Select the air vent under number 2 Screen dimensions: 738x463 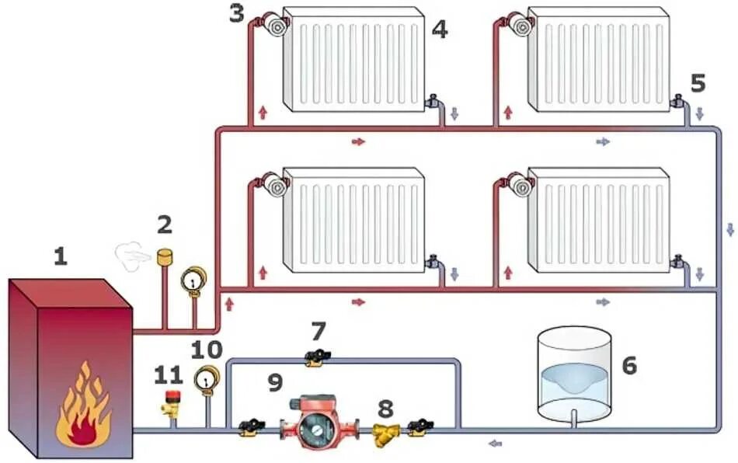pos(164,256)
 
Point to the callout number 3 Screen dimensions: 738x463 pos(237,13)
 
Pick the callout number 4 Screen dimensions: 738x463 pos(440,30)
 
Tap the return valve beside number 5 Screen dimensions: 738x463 pos(678,101)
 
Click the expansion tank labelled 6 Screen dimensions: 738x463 pos(575,373)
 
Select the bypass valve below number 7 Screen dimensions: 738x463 pos(318,357)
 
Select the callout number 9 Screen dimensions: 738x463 pos(275,381)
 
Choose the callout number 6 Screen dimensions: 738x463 pos(628,365)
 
